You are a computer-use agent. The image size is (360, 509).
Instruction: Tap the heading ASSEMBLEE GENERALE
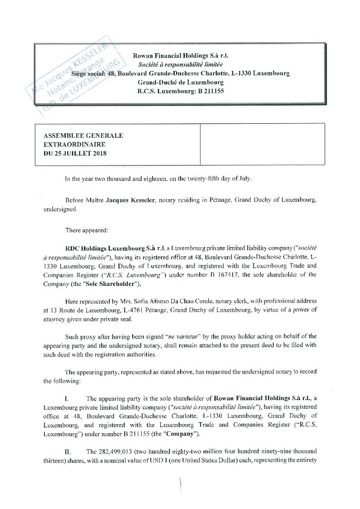tap(84, 136)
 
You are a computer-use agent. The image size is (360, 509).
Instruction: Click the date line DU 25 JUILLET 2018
tap(75, 154)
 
